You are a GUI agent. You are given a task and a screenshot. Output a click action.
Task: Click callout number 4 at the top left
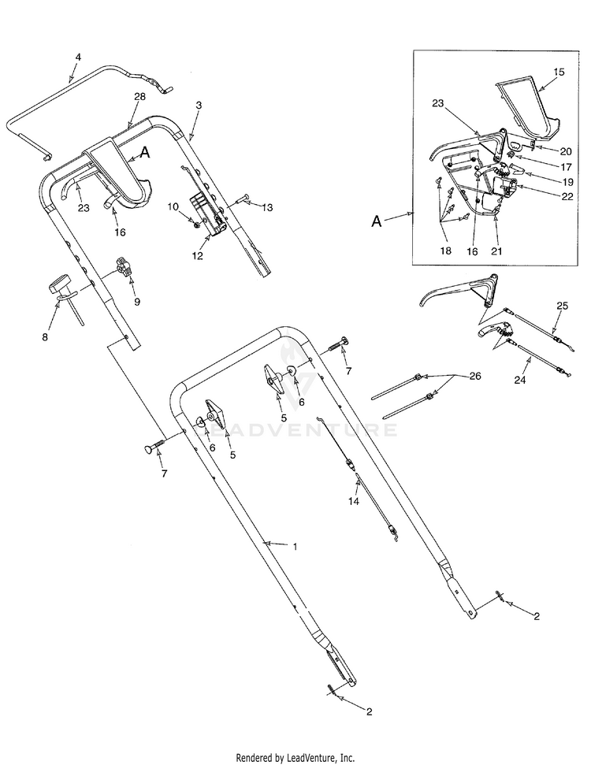pyautogui.click(x=78, y=57)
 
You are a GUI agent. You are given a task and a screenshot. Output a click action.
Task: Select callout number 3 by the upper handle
pyautogui.click(x=199, y=105)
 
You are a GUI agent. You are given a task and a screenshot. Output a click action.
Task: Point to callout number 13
pyautogui.click(x=268, y=207)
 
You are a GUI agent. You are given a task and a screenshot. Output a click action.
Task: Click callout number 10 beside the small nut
pyautogui.click(x=173, y=206)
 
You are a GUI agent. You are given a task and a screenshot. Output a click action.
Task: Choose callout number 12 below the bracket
pyautogui.click(x=197, y=255)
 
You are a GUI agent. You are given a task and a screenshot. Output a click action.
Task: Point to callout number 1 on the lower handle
pyautogui.click(x=295, y=545)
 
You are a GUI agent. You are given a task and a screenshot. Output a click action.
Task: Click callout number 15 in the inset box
pyautogui.click(x=559, y=72)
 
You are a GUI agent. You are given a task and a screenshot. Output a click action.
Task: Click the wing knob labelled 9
pyautogui.click(x=121, y=266)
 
